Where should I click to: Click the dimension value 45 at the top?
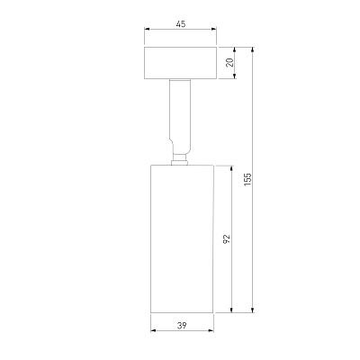(x=181, y=23)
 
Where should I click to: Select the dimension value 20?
(x=229, y=63)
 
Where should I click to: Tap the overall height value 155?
(x=247, y=179)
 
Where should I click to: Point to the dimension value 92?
(x=227, y=238)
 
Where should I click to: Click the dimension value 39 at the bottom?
(x=182, y=325)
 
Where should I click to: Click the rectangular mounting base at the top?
(x=180, y=63)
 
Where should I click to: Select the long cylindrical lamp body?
(x=182, y=239)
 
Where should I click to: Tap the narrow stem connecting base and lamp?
(x=180, y=117)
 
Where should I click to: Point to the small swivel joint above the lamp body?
(x=179, y=160)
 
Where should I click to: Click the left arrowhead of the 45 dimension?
(x=147, y=29)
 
